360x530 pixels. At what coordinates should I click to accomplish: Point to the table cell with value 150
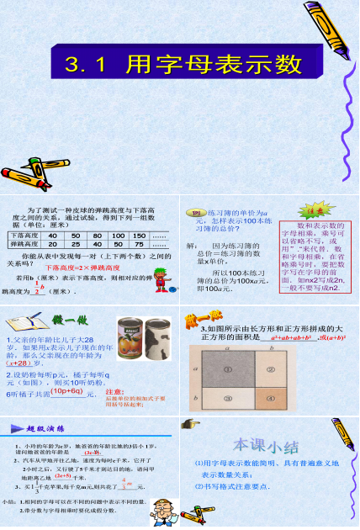[139, 236]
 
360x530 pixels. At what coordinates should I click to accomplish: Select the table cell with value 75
[139, 245]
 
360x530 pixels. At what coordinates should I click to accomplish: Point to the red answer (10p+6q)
[67, 391]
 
